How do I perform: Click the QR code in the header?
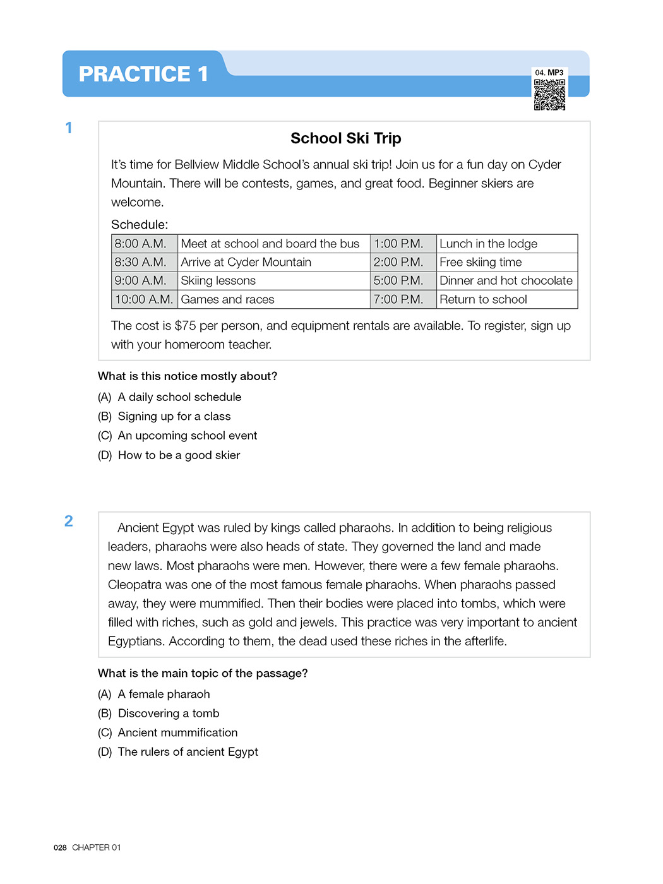[x=549, y=94]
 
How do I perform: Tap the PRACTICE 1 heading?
[x=143, y=74]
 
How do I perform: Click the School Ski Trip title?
[x=345, y=138]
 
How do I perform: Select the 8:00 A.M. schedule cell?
[x=141, y=244]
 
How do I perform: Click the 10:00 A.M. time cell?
[x=144, y=299]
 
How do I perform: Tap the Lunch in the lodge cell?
[x=488, y=244]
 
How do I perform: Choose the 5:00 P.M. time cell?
[x=398, y=280]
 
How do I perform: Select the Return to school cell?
[x=483, y=299]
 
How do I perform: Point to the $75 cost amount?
[x=185, y=326]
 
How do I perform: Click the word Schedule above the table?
[x=140, y=225]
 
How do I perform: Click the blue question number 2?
[x=69, y=521]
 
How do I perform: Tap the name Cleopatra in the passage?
[x=135, y=585]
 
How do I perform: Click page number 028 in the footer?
[x=60, y=847]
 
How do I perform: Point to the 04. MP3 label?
[x=549, y=73]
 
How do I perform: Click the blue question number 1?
[x=69, y=128]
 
